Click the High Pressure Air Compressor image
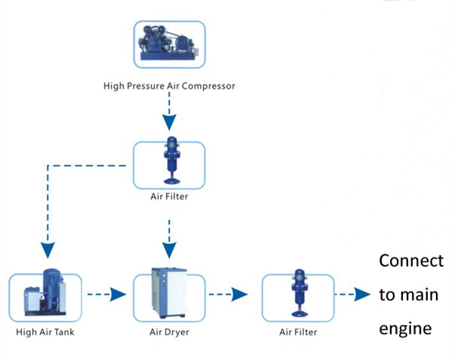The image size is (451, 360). pos(168,41)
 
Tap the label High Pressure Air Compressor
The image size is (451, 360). pos(169,86)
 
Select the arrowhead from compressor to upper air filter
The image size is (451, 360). pos(169,123)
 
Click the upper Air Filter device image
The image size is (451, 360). pos(169,164)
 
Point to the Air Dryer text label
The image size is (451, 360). pos(169,331)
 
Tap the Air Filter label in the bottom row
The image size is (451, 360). pos(295,331)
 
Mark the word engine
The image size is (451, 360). pos(406,328)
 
